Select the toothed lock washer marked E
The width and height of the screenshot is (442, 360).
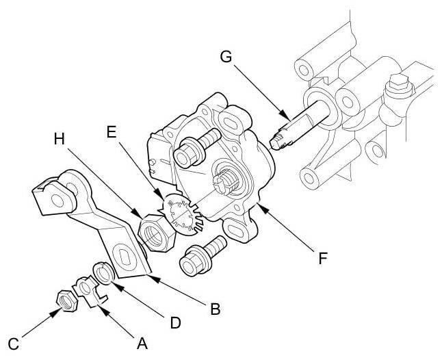pyautogui.click(x=180, y=215)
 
